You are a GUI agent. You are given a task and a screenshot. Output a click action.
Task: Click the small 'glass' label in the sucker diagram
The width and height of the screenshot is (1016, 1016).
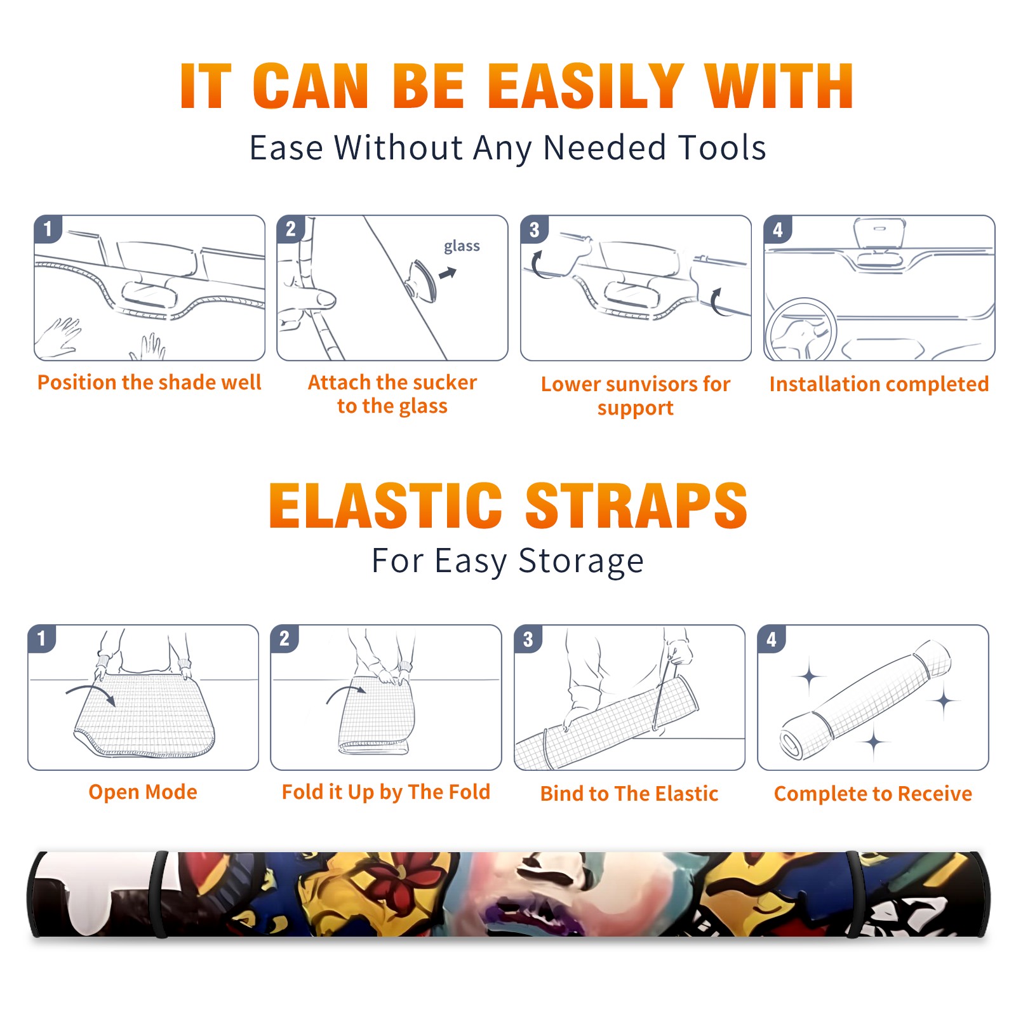tap(462, 246)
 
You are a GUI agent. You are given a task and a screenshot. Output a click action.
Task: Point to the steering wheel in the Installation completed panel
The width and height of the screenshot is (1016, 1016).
tap(801, 330)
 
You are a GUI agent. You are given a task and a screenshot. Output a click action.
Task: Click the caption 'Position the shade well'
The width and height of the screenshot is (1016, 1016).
tap(149, 382)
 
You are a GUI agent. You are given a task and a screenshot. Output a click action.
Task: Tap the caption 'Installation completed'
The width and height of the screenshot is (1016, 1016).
tap(879, 384)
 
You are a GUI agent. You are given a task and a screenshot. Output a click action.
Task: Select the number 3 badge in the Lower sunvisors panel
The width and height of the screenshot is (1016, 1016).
tap(534, 229)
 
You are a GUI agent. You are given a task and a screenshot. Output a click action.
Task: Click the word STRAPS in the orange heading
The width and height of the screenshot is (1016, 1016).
tap(636, 505)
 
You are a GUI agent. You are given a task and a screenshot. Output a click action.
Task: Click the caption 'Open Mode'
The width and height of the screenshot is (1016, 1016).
tap(143, 792)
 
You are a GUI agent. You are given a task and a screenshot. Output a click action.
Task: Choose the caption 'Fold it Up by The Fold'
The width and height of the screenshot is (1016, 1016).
tap(386, 792)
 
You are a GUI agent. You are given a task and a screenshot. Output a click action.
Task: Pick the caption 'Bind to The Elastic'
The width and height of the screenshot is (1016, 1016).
tap(629, 793)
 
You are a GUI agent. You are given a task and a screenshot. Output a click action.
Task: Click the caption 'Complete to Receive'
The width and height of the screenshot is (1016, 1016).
tap(873, 793)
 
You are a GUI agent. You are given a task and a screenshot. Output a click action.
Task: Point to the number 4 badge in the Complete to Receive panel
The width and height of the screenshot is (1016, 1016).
tap(772, 639)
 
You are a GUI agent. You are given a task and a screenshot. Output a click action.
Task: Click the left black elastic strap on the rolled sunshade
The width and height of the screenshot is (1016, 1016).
tap(159, 894)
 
